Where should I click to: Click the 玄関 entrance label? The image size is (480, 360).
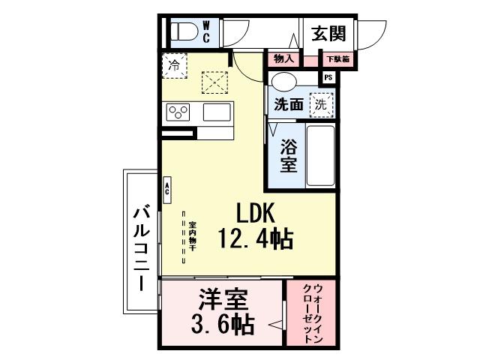(328, 33)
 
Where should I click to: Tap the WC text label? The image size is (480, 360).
(207, 31)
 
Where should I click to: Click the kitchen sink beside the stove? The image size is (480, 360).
(217, 112)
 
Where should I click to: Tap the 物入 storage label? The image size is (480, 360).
(283, 58)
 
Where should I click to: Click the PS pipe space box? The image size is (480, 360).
(328, 76)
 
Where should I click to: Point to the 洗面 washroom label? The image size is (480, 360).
(288, 104)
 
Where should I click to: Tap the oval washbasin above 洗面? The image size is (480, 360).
(284, 81)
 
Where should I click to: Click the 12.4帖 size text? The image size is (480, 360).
(255, 239)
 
